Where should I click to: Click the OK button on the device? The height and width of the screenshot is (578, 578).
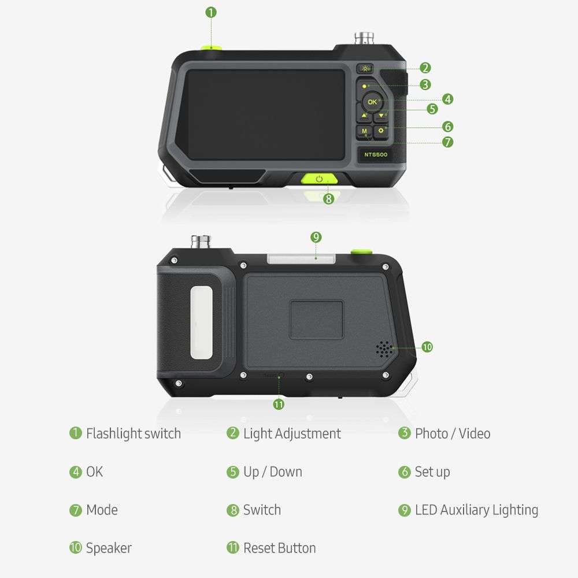372,102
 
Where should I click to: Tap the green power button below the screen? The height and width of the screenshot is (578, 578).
319,179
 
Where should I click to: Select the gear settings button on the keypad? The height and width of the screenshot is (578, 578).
381,131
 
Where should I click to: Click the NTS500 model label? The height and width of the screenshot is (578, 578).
376,154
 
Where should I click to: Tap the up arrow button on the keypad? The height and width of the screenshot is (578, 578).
364,116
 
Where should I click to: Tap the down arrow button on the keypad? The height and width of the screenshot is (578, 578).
381,116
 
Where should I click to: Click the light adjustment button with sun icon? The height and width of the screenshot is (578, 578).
365,69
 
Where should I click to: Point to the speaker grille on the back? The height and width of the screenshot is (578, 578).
384,349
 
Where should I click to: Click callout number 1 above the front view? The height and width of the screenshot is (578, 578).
211,13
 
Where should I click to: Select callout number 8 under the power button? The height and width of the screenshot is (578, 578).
328,199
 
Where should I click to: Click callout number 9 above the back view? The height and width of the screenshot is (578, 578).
316,237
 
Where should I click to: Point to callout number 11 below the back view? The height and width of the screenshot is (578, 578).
279,405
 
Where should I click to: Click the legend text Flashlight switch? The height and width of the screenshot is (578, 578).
134,433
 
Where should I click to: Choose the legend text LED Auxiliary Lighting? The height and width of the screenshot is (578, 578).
477,510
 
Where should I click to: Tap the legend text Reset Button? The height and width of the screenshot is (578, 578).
280,548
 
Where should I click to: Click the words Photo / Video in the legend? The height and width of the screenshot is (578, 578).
453,433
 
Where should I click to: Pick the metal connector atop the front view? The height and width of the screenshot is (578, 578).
364,38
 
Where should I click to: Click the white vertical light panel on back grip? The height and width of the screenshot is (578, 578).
201,323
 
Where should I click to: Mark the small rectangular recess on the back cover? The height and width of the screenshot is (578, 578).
316,320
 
